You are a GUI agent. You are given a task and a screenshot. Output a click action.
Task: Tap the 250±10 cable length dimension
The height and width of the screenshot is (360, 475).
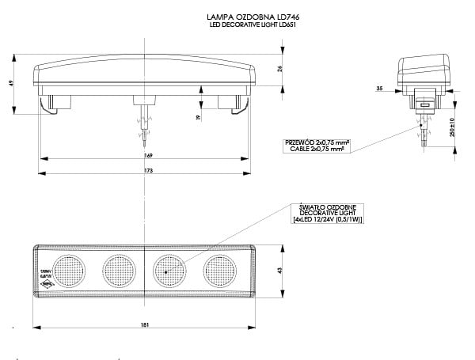point(451,127)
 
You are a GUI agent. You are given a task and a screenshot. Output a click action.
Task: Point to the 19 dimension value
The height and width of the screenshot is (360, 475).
point(198,117)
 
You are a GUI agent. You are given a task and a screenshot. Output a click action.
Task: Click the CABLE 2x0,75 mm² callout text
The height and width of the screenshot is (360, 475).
point(317,147)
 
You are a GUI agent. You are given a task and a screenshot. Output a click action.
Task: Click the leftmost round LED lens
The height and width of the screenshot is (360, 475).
point(67,270)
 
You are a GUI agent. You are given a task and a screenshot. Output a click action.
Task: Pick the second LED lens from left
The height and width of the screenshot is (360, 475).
point(118,270)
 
